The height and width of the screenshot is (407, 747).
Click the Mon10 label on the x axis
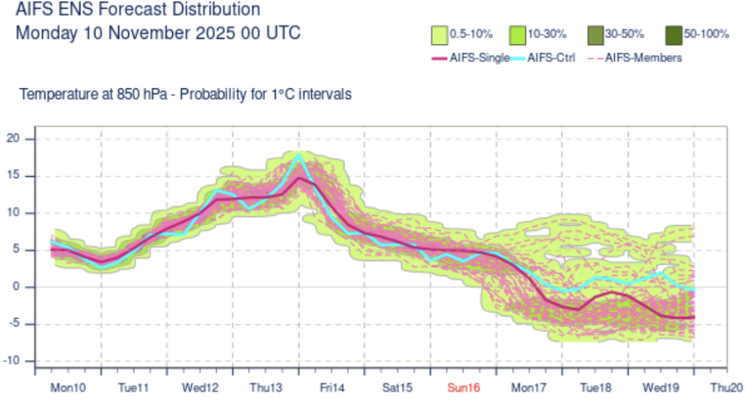point(67,387)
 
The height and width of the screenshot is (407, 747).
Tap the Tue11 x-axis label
point(133,387)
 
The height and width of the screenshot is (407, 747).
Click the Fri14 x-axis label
point(332,387)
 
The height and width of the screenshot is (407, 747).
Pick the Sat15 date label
point(398,387)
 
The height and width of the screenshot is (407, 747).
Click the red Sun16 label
point(463,387)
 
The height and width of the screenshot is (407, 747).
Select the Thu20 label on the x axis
point(727,387)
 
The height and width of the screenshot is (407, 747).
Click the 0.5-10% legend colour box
point(439,34)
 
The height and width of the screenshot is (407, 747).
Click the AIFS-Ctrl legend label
point(551,58)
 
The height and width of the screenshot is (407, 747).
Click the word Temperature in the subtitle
point(57,95)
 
